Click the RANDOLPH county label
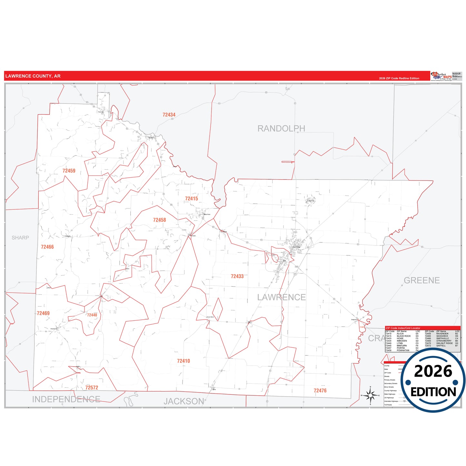281,129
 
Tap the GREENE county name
421,281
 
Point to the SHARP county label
20,238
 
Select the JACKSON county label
184,402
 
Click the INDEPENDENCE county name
66,399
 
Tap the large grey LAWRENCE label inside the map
281,297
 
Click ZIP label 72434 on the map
169,115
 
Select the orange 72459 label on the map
69,171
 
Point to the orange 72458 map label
159,220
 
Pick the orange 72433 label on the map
237,276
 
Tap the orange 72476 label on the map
320,391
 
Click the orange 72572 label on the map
92,388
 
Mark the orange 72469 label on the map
43,313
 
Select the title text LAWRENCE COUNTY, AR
33,76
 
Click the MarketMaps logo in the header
441,76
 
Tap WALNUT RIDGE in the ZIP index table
444,343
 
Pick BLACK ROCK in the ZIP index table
403,336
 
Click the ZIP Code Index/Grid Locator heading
403,328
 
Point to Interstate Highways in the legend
391,401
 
